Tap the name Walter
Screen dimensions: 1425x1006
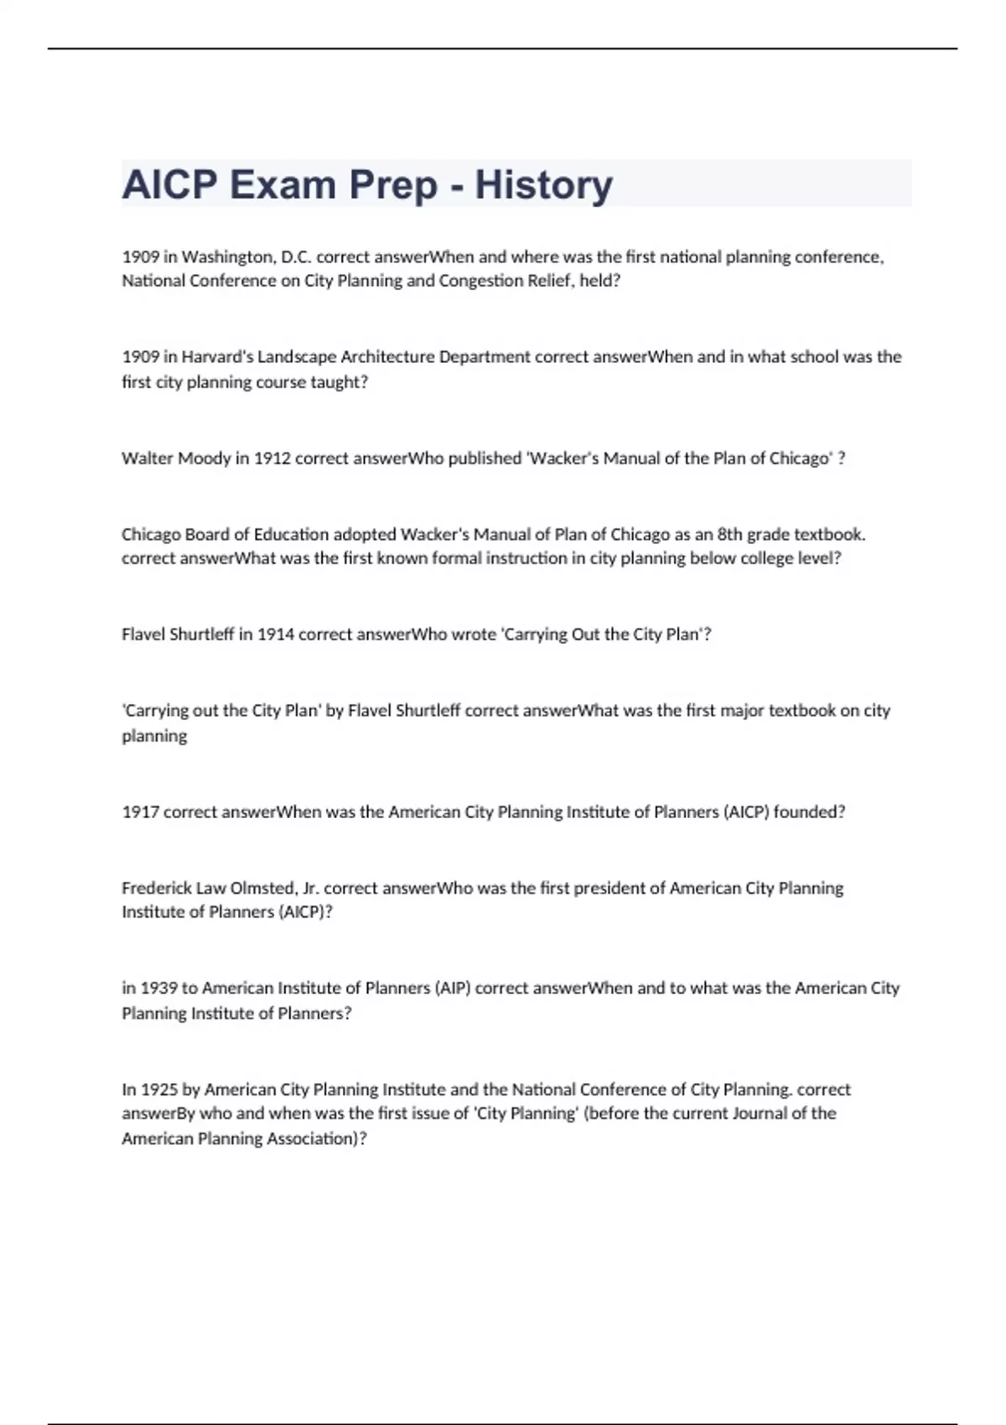pos(147,459)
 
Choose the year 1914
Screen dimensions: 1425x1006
pos(275,635)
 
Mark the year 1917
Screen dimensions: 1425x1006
pos(140,811)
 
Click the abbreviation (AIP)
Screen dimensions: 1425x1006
pos(453,988)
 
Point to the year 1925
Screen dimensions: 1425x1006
pos(159,1090)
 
